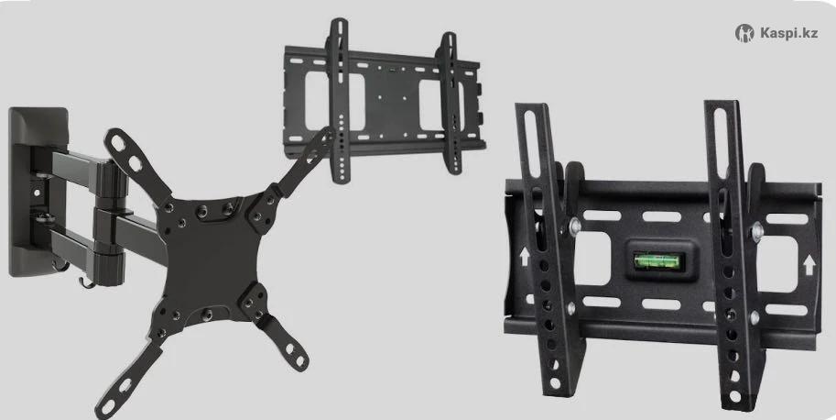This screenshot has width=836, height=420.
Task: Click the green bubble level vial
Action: [x=657, y=261]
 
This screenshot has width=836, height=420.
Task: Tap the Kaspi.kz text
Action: [x=788, y=33]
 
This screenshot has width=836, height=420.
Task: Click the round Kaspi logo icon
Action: [x=744, y=33]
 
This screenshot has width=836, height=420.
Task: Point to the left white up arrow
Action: [x=524, y=257]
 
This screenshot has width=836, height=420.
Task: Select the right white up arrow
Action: [x=809, y=264]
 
